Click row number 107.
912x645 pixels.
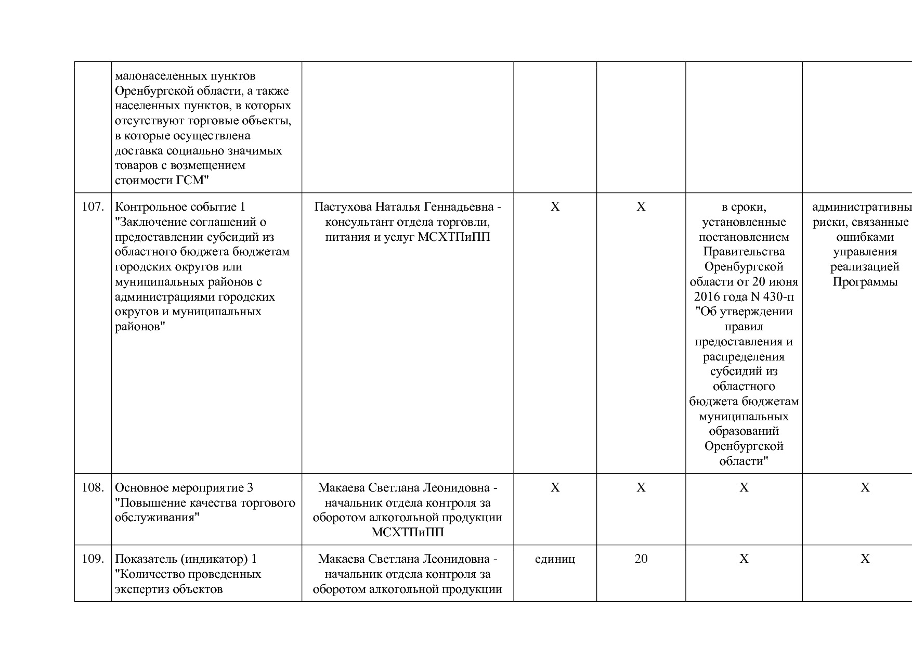coord(93,207)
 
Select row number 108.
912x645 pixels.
coord(93,488)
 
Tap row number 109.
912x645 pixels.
coord(93,559)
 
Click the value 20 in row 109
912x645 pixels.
coord(641,559)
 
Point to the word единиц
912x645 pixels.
coord(555,559)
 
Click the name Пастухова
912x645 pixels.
coord(343,207)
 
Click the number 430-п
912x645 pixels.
coord(779,297)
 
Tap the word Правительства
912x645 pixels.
coord(744,252)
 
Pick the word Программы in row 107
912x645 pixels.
coord(865,282)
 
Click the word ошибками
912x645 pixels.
coord(865,237)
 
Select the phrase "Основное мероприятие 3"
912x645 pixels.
coord(184,488)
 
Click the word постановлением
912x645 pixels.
coord(744,237)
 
